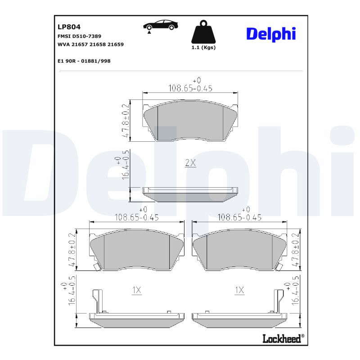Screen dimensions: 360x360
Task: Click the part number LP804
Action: (69, 27)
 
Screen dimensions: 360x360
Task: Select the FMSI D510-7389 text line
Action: (79, 36)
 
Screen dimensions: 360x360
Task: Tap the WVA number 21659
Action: (116, 44)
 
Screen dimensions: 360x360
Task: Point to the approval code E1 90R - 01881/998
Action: (84, 61)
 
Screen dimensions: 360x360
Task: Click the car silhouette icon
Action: (161, 25)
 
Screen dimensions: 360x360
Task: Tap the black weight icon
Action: (203, 32)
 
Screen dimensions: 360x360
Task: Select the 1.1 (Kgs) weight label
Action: (203, 48)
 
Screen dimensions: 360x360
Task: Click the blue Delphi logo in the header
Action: (271, 35)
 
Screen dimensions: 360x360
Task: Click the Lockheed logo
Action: (283, 339)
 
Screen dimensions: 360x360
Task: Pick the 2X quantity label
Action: (190, 163)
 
